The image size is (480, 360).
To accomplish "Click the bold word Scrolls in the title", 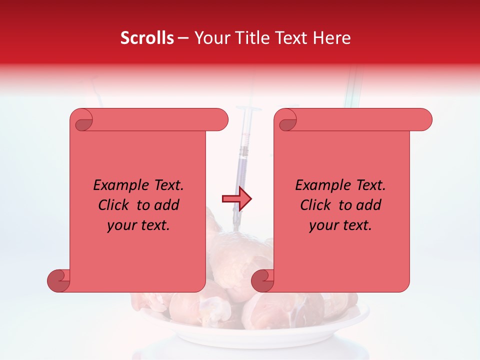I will (147, 38).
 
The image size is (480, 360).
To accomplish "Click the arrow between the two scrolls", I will (237, 199).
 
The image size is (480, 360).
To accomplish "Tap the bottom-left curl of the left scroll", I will (59, 280).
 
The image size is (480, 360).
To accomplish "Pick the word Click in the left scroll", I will (112, 205).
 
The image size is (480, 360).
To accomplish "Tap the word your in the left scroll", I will (120, 225).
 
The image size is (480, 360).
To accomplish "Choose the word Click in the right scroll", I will (314, 205).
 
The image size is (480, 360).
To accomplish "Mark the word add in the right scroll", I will (368, 205).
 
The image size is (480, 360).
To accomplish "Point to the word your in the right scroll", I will (322, 225).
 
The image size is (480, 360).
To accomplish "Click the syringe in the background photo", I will (243, 150).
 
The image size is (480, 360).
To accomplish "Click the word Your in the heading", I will (210, 38).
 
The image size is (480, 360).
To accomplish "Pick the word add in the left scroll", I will (166, 205).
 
